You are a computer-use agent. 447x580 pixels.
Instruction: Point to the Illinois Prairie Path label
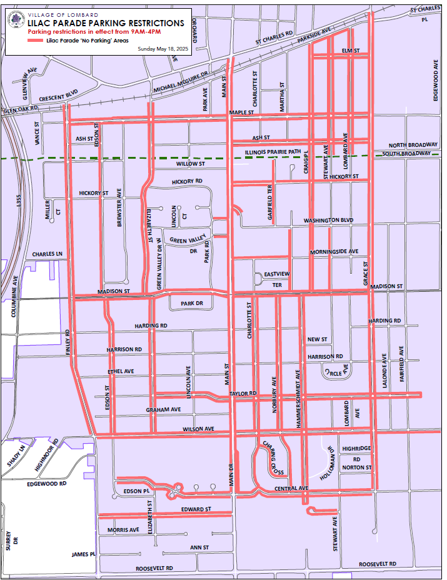[x=273, y=151]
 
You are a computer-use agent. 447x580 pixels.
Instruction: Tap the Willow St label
[x=190, y=164]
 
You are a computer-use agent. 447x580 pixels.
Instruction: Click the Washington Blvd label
[x=329, y=221]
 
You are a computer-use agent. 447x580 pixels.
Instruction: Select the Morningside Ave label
[x=334, y=252]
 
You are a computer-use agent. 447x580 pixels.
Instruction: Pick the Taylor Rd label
[x=243, y=394]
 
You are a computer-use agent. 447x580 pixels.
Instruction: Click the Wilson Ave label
[x=198, y=429]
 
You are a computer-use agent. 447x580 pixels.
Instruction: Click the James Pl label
[x=83, y=554]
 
